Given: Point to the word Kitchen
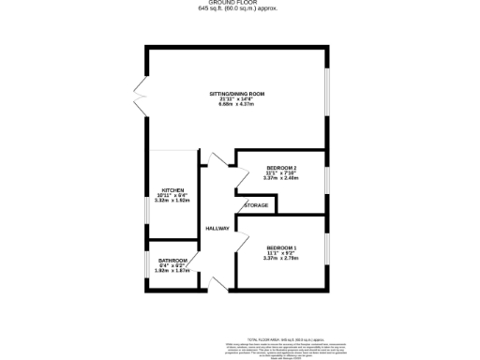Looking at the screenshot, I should tap(173, 189).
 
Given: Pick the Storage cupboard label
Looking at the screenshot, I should tap(257, 205).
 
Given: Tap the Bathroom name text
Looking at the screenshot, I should tap(172, 261).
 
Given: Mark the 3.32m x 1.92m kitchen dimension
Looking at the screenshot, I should tap(173, 201).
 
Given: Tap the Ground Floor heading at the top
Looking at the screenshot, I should tap(239, 4).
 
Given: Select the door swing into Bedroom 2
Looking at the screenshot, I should tap(243, 175).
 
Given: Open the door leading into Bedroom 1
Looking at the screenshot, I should tap(242, 245).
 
